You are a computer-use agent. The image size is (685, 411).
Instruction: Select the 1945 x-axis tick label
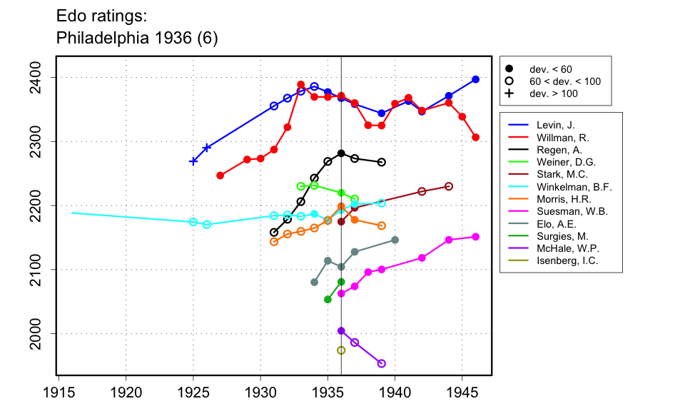point(462,392)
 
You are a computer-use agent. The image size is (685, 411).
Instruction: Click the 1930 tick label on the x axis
point(260,392)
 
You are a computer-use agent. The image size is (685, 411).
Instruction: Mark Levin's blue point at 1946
point(476,79)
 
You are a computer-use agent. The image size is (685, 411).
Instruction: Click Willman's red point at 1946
point(476,137)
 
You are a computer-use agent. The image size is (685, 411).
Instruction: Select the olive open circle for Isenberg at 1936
point(341,350)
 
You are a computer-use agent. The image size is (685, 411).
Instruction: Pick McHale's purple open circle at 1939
point(382,363)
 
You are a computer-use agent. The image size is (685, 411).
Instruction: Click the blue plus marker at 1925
point(193,161)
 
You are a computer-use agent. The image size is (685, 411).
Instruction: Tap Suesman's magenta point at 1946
point(476,237)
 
